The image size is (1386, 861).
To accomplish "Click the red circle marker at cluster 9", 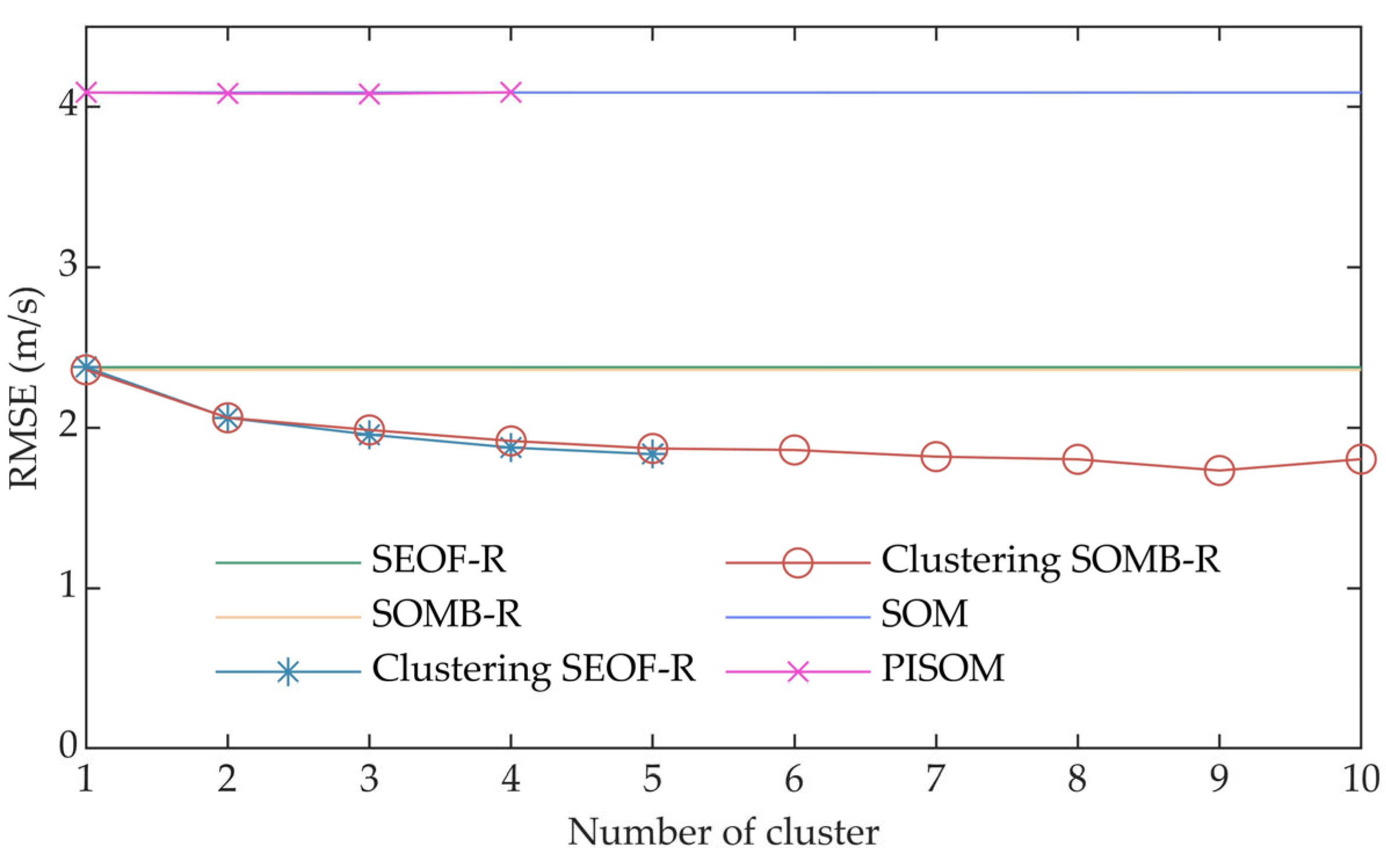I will (x=1219, y=470).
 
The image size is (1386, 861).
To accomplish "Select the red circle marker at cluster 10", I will (x=1360, y=459).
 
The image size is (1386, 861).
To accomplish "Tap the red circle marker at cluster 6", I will (x=794, y=450).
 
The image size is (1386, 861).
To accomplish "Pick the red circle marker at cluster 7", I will (x=935, y=457).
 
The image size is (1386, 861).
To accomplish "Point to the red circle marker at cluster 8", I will (x=1077, y=459).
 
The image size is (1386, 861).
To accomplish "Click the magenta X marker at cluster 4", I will (x=510, y=92).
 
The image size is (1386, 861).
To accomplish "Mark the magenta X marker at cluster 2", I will (x=227, y=93).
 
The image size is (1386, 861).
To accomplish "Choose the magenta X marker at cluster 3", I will (x=369, y=94).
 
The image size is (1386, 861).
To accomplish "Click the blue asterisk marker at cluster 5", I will (x=652, y=453).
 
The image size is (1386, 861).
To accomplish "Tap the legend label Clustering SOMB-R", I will (x=1050, y=561).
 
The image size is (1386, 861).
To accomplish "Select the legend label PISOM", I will (x=942, y=669).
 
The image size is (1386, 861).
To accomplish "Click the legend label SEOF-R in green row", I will (x=438, y=560).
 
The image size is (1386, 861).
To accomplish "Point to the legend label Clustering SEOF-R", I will (x=533, y=669).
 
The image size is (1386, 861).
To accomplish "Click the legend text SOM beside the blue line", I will (x=924, y=614).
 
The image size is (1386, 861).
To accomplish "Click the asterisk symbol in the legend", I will (x=288, y=672).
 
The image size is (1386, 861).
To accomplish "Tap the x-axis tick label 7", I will (x=935, y=779).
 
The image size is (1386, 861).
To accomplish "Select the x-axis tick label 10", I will (x=1360, y=779).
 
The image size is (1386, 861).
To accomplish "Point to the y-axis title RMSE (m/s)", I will (x=24, y=388).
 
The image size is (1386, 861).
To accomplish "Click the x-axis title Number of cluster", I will (x=723, y=833).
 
